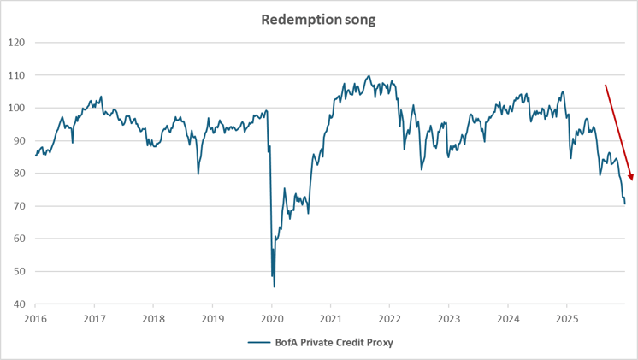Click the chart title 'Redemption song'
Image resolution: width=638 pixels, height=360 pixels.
click(x=318, y=20)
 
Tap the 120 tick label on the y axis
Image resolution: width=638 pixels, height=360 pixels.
click(x=17, y=43)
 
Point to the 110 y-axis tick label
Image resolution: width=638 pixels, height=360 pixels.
click(x=17, y=75)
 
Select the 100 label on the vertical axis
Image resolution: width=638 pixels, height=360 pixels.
click(x=17, y=109)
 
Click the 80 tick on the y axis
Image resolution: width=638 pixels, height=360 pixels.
click(x=20, y=174)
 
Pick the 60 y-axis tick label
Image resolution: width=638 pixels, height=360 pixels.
click(x=20, y=239)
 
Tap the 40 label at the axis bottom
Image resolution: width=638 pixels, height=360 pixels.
click(x=20, y=304)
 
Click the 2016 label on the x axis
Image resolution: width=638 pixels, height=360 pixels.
click(x=36, y=318)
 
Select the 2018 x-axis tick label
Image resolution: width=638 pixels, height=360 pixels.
click(x=154, y=318)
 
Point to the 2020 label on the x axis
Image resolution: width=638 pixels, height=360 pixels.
click(x=272, y=318)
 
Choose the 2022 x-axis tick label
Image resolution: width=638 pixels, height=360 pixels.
click(x=390, y=318)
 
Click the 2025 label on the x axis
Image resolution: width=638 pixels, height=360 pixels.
click(x=566, y=318)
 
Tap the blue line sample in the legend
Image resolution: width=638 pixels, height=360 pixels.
click(x=260, y=343)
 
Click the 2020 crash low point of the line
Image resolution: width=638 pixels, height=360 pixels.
click(x=274, y=286)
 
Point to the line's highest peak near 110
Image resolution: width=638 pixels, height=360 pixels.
click(x=369, y=76)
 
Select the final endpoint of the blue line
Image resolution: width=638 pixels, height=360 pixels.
click(x=624, y=204)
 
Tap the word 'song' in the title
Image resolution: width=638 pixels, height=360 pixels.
click(x=358, y=20)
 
